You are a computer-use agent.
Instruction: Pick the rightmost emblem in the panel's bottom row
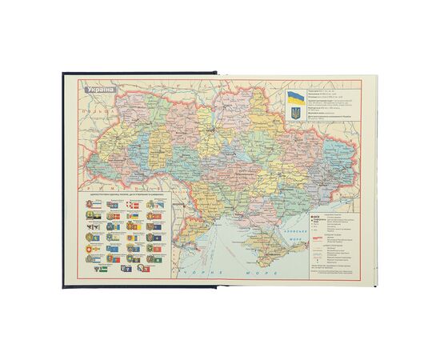point(170,258)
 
